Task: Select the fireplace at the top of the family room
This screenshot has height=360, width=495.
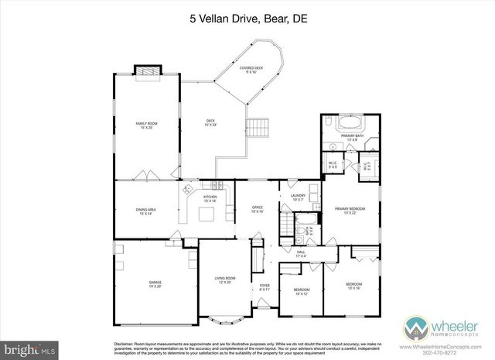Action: (147, 72)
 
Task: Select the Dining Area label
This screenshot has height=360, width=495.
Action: (146, 211)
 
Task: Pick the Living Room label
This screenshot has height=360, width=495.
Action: (224, 280)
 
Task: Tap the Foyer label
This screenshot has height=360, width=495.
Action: (264, 288)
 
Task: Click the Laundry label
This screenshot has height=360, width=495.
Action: (298, 197)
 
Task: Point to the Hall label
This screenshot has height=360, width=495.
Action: (301, 254)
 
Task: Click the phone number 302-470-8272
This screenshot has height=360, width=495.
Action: (439, 351)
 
